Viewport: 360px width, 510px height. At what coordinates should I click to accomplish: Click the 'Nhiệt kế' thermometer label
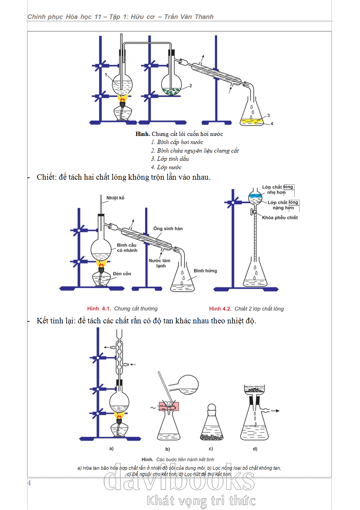[115, 198]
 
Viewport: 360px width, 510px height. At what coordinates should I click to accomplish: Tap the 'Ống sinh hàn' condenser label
[168, 228]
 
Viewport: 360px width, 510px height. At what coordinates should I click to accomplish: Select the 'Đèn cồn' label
[122, 274]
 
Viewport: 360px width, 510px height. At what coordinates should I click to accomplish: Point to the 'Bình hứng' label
[205, 271]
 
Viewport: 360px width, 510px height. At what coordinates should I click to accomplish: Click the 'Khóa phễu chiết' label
[279, 218]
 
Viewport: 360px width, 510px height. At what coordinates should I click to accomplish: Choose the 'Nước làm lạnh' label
[159, 263]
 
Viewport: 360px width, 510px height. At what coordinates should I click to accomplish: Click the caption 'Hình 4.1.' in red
[99, 309]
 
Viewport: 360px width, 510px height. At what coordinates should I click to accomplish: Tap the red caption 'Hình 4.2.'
[220, 309]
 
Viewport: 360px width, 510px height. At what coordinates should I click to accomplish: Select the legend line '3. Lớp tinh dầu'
[170, 159]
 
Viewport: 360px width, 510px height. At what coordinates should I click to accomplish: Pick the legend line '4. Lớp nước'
[166, 167]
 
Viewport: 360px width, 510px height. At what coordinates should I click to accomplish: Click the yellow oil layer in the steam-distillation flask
[252, 121]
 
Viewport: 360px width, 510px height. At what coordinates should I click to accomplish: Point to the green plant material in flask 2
[171, 92]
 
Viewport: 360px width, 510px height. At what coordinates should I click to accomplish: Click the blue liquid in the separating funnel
[255, 196]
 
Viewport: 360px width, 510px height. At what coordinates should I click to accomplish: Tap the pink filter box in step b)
[169, 406]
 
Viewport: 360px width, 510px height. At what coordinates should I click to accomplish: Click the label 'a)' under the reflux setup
[111, 448]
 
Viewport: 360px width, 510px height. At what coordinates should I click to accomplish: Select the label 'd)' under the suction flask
[255, 449]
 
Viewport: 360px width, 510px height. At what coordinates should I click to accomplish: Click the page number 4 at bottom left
[29, 483]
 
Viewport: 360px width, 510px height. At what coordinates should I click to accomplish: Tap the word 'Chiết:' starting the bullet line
[46, 177]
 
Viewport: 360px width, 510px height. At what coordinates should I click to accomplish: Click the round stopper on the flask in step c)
[211, 407]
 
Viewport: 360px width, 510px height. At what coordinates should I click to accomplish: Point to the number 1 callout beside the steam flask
[106, 75]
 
